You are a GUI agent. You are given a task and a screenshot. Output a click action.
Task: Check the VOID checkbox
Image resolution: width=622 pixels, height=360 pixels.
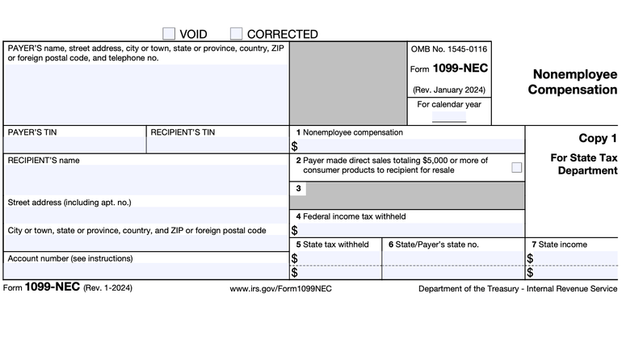pos(169,34)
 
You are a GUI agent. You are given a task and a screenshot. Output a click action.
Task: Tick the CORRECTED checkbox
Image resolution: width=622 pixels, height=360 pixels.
pos(236,34)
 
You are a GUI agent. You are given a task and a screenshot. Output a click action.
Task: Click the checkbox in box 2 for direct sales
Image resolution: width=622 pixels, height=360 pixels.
pos(516,168)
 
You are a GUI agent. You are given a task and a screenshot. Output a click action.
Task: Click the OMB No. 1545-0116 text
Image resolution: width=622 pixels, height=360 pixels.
pos(448,50)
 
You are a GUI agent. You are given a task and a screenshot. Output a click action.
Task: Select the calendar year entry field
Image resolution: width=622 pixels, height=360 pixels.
pos(448,116)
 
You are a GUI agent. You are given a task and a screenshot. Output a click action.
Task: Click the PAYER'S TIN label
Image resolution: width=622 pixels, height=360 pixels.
pos(32,132)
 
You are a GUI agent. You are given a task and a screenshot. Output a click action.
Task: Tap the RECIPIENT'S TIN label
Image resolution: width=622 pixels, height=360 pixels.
pos(183,132)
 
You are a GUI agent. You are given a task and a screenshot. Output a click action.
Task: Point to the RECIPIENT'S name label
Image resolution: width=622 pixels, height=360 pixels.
pos(44,160)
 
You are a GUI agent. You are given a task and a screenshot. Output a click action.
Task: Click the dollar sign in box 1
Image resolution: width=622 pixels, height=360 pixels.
pos(294,146)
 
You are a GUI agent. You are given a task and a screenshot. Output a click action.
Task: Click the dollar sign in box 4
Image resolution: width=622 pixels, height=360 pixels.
pos(294,230)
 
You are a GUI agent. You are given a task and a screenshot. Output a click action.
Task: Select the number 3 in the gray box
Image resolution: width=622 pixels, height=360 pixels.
pos(299,189)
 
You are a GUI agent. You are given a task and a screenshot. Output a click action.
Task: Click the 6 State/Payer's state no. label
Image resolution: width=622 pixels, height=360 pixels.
pos(433,244)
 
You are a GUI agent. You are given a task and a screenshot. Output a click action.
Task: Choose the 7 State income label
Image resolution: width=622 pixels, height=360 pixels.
pos(559,244)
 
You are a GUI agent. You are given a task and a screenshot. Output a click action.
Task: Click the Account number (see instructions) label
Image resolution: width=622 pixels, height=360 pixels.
pos(70,258)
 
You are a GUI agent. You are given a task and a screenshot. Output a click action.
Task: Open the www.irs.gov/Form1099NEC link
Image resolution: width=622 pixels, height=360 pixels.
pos(280,288)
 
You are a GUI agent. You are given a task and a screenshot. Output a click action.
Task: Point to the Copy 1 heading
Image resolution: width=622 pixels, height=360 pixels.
pos(597,138)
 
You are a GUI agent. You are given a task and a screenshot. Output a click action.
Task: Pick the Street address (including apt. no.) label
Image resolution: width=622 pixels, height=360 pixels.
pos(69,202)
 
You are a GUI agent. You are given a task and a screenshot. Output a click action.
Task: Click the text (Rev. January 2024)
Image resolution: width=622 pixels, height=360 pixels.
pos(448,89)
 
